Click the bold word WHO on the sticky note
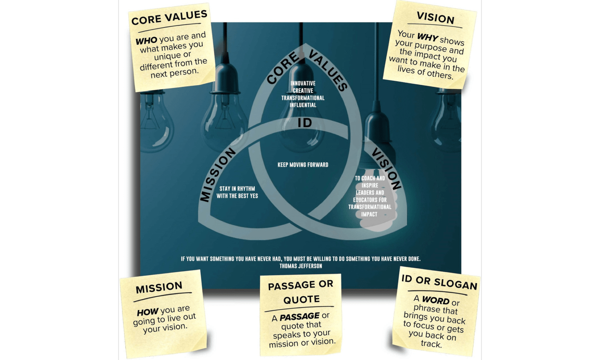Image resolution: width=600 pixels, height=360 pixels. point(146,41)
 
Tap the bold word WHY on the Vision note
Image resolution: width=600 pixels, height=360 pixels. point(428,37)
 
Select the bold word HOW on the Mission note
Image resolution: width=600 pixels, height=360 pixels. point(148,312)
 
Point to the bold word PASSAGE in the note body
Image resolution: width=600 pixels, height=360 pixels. point(300,317)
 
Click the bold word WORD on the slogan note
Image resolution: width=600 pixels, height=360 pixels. point(436,300)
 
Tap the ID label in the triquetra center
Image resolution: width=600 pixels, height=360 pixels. point(305,123)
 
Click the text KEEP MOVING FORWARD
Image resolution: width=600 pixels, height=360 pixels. point(303,165)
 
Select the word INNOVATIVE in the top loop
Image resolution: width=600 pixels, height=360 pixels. point(303,84)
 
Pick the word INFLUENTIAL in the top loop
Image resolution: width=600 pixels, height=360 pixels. point(303,105)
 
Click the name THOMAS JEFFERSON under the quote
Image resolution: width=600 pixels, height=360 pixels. point(301,266)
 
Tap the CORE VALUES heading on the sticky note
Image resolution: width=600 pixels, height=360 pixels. point(169,18)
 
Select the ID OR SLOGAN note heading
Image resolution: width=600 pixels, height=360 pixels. point(439,282)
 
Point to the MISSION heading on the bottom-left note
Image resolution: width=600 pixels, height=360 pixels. point(159,288)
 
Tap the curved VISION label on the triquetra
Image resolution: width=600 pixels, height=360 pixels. point(386,168)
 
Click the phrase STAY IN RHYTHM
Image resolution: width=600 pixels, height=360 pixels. point(237,189)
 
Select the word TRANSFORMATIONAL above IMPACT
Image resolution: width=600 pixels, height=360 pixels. point(370,207)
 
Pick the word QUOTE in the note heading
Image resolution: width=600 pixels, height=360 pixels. point(301,300)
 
